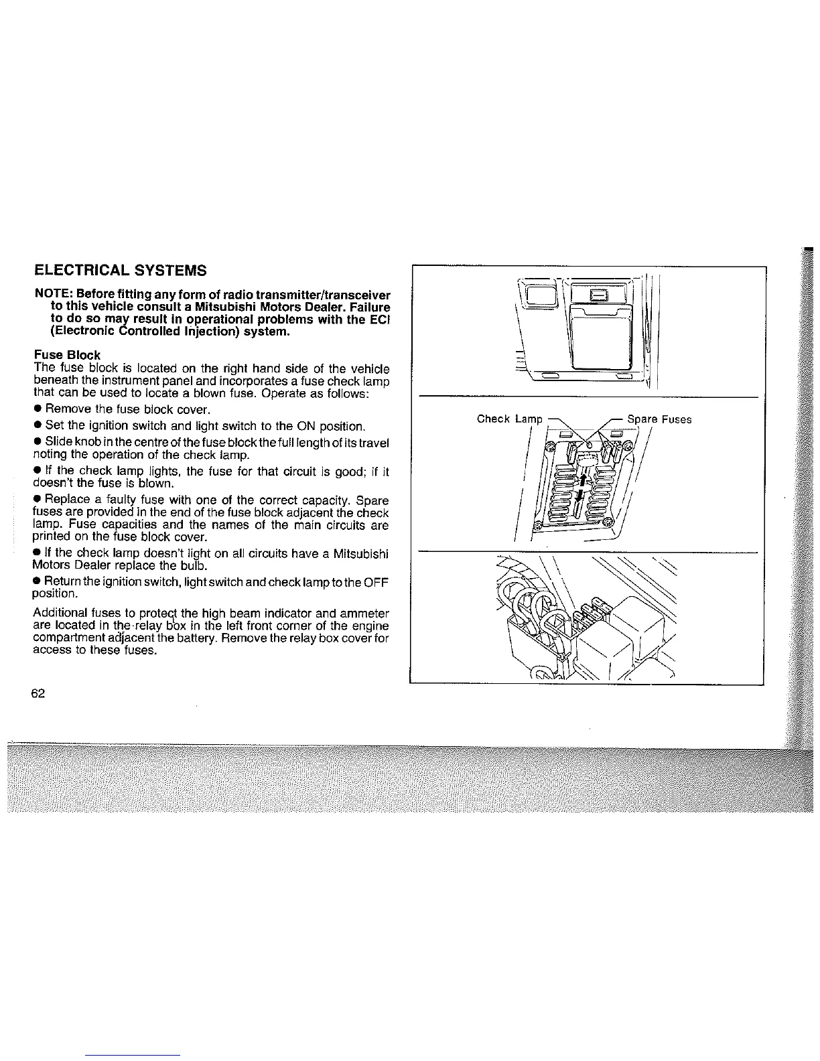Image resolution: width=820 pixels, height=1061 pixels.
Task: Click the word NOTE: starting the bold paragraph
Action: (x=54, y=295)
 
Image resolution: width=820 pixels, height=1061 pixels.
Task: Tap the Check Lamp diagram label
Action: (x=509, y=419)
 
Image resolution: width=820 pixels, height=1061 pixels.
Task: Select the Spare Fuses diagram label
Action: (x=659, y=419)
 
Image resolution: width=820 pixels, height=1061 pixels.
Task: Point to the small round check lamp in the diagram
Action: (x=588, y=444)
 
